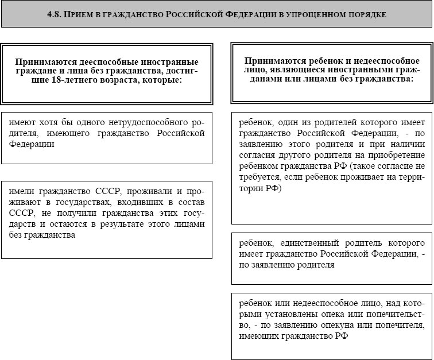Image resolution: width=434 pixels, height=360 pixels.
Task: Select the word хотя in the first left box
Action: pos(55,123)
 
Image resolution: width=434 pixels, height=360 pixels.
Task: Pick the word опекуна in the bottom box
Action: pos(334,325)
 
